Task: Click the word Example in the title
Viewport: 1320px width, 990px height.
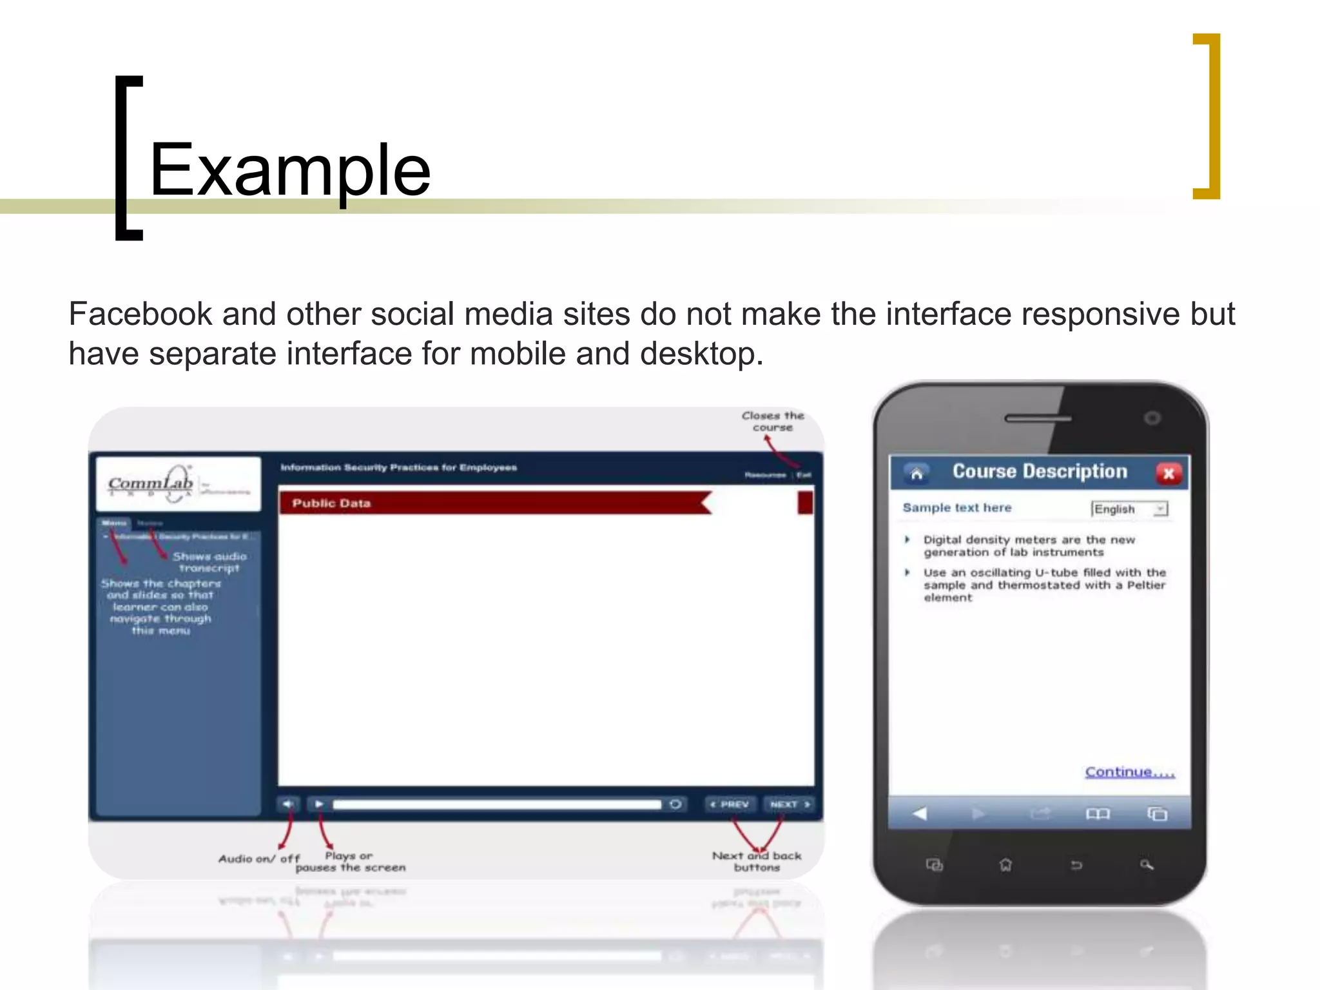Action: [290, 170]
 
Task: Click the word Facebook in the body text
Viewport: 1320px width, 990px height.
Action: [140, 315]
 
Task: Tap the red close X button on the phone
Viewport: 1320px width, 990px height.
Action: [1168, 474]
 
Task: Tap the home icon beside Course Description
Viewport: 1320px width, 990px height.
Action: [917, 474]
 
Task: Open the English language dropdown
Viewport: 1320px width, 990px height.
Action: [1160, 509]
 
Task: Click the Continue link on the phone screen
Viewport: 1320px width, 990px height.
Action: [1129, 772]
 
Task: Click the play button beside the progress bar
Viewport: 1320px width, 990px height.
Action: [318, 804]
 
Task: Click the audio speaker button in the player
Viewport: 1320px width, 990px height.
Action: [287, 804]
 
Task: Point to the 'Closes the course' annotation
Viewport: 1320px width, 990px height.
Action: [773, 422]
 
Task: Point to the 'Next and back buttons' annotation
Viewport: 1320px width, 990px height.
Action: [757, 861]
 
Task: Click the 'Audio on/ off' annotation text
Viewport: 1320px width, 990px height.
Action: [259, 859]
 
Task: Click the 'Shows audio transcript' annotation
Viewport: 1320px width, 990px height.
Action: [209, 562]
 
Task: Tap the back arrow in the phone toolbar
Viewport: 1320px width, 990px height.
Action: [920, 814]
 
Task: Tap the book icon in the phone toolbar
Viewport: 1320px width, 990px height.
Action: [1098, 814]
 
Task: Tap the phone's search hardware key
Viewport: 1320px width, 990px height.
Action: [1146, 865]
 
